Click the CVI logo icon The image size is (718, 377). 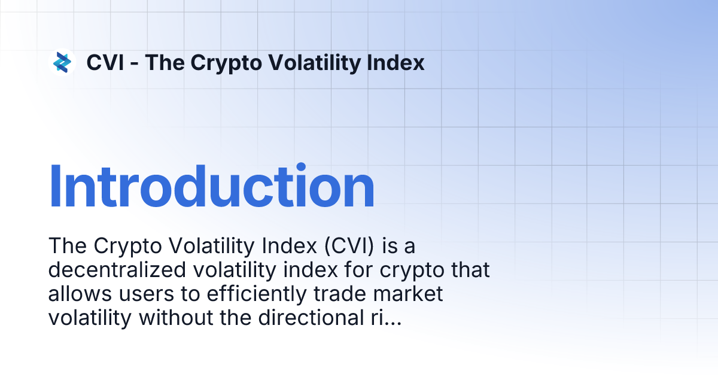point(62,62)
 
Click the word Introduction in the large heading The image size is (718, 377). point(211,187)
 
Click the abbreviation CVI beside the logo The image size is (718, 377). point(105,62)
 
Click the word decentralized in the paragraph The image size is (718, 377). point(117,270)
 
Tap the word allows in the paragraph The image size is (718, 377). point(75,294)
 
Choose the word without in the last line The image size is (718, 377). point(170,318)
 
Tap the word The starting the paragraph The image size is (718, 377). point(66,245)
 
